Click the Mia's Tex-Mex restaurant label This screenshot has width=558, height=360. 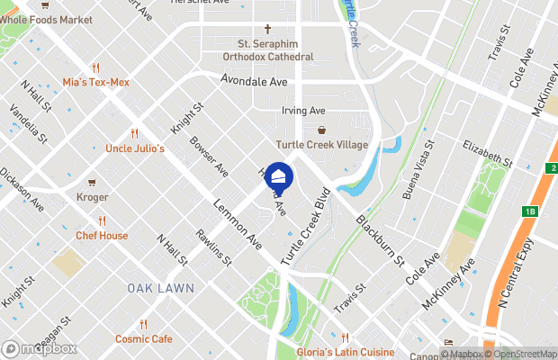click(96, 82)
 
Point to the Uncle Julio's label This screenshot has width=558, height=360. click(134, 148)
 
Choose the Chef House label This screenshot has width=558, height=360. click(102, 236)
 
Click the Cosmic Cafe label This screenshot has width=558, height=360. click(143, 338)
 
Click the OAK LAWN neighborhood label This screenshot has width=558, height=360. click(156, 288)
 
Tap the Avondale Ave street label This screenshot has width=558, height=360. click(254, 81)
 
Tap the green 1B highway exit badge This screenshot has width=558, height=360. click(530, 211)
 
